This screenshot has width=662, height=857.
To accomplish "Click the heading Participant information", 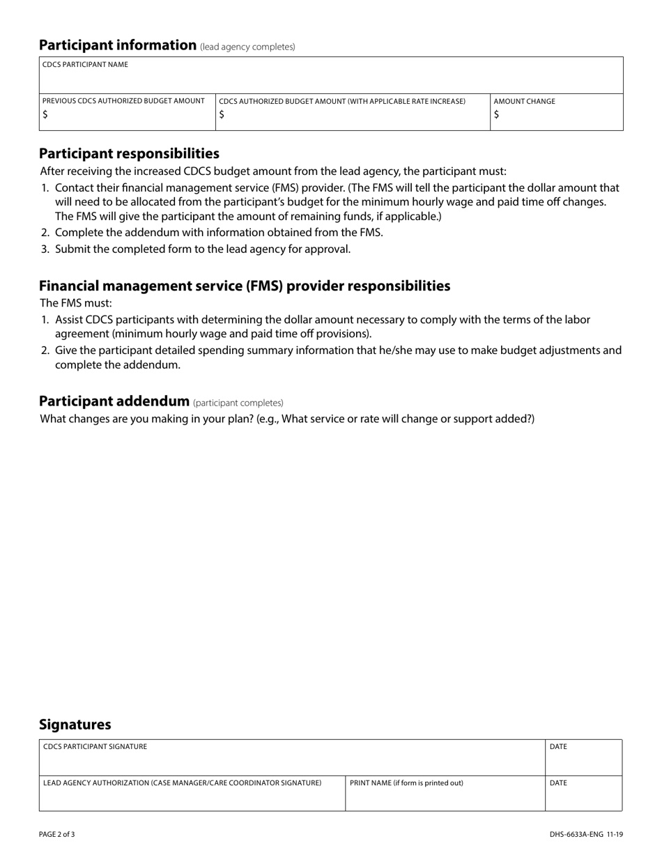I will (x=118, y=45).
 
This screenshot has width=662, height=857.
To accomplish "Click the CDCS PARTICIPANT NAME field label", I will (x=85, y=65).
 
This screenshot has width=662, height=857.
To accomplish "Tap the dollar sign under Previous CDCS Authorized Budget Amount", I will (x=45, y=116).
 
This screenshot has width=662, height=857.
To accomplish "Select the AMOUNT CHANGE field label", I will (x=524, y=101).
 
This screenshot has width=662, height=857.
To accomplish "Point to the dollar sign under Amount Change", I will (x=496, y=116).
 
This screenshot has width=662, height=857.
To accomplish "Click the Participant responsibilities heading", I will (x=129, y=153).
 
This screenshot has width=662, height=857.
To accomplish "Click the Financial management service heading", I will (x=245, y=286).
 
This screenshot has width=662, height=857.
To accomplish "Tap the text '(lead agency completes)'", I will (x=247, y=47).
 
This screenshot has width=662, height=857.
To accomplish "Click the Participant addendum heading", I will (x=114, y=401).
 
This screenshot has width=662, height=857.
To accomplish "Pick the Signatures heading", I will (x=75, y=724).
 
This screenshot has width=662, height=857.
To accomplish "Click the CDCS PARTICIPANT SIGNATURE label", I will (x=95, y=746).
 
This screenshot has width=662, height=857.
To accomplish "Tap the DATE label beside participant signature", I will (x=558, y=746).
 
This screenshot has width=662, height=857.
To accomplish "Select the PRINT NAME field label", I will (x=406, y=782).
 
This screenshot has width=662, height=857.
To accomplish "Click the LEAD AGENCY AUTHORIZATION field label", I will (x=182, y=782).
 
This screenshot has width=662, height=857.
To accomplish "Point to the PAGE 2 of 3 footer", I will (x=57, y=833).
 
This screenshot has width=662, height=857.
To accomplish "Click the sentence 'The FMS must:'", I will (x=76, y=303).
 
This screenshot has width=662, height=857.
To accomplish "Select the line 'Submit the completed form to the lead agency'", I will (x=202, y=249).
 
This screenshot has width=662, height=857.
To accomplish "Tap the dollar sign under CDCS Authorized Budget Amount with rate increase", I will (x=222, y=116).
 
